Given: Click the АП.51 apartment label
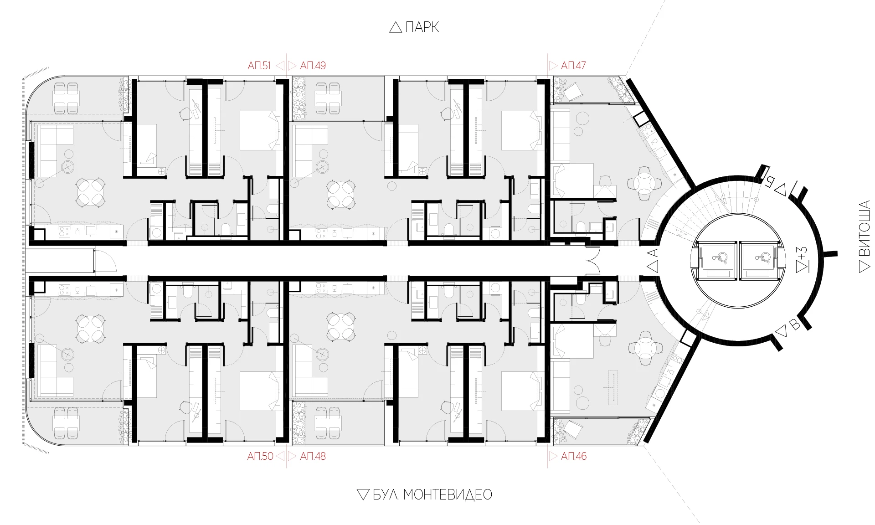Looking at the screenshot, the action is point(259,66).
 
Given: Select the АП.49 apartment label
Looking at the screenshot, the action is point(313,66).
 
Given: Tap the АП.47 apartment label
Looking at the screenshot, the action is point(573,66).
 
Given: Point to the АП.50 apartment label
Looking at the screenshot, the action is point(260,456).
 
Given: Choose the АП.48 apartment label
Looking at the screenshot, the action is point(313,456).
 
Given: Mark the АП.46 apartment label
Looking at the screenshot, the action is point(574,456).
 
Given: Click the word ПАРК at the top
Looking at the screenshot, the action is point(422,27).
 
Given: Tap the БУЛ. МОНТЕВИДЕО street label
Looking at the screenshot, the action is point(432,495).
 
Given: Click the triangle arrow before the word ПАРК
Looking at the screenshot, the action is point(396,27).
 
